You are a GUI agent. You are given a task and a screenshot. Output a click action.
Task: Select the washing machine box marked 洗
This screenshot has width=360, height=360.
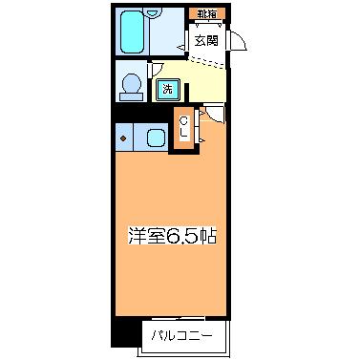(167, 90)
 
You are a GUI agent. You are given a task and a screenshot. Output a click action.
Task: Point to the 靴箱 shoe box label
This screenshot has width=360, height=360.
(206, 14)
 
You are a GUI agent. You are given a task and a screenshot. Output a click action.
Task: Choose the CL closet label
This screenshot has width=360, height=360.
(182, 126)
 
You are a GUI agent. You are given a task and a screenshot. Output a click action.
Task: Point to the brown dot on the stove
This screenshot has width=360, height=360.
(123, 138)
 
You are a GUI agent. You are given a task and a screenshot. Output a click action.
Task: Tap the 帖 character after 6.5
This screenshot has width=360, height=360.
(207, 235)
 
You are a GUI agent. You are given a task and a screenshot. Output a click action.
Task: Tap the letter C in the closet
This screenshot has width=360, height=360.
(182, 120)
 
